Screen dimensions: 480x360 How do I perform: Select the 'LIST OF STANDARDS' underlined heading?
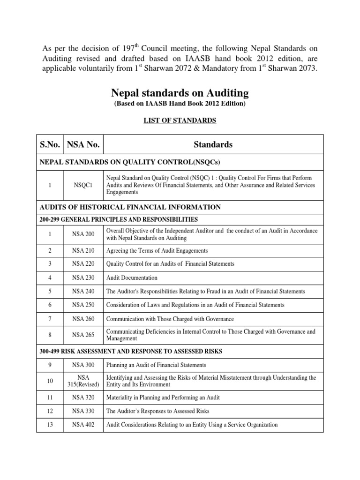(180, 120)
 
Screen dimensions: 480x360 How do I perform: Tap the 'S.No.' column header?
(49, 145)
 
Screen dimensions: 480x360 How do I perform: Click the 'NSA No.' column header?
(84, 145)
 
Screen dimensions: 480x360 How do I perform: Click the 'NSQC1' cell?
(84, 185)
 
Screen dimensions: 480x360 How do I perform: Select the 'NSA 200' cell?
(84, 234)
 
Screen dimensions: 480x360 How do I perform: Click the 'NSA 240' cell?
(84, 291)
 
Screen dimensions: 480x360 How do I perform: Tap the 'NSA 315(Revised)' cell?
(84, 381)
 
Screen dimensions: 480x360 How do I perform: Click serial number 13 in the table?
(49, 425)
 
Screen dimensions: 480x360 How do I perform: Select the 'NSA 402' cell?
(84, 425)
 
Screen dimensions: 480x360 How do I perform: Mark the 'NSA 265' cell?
(84, 335)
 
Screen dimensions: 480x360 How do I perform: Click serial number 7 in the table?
(49, 319)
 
